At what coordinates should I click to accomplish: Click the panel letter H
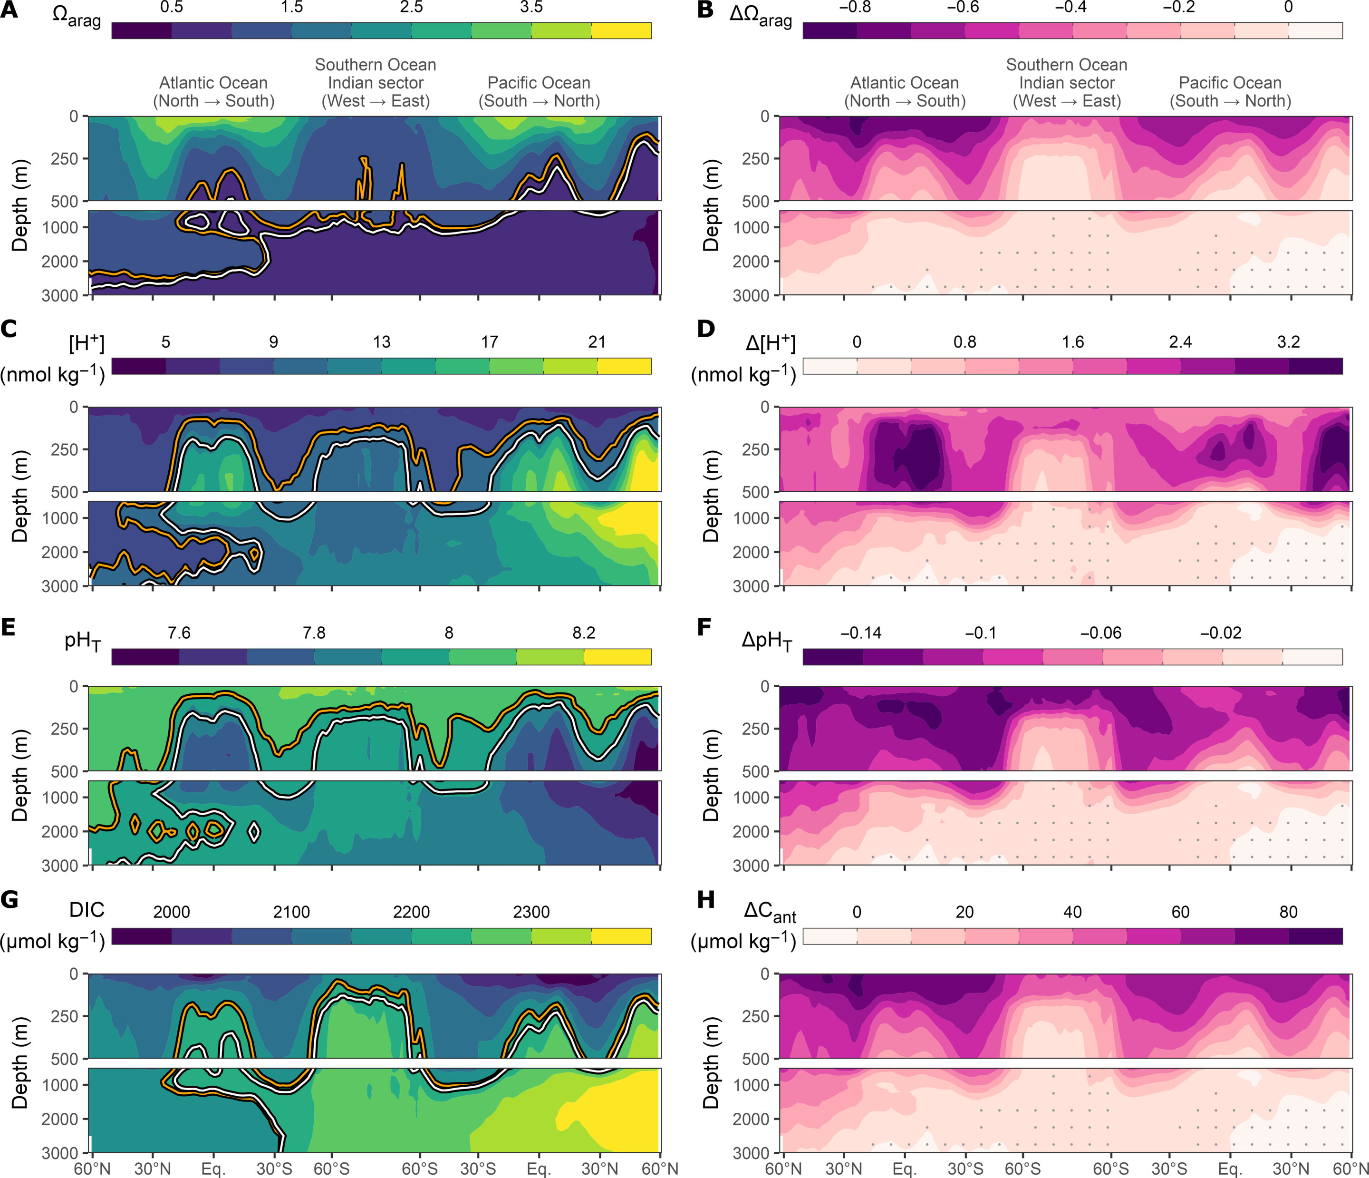[x=705, y=900]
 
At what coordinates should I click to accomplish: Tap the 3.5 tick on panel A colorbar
[x=531, y=7]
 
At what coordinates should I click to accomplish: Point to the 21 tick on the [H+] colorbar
[x=597, y=342]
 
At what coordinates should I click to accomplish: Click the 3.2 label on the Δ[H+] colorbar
[x=1288, y=342]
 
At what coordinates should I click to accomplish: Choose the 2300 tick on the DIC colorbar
[x=531, y=912]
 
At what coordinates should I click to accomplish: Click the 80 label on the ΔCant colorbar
[x=1288, y=912]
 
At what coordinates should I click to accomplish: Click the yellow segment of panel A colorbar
[x=621, y=30]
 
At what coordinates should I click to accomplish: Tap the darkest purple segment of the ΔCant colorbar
[x=1315, y=936]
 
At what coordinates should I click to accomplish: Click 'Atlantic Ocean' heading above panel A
[x=213, y=83]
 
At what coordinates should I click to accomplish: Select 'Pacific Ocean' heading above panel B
[x=1230, y=83]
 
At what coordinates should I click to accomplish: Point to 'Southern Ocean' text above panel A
[x=375, y=65]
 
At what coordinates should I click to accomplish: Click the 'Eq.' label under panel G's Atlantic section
[x=213, y=1169]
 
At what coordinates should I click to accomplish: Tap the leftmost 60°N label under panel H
[x=783, y=1169]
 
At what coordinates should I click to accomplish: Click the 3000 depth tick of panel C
[x=59, y=586]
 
